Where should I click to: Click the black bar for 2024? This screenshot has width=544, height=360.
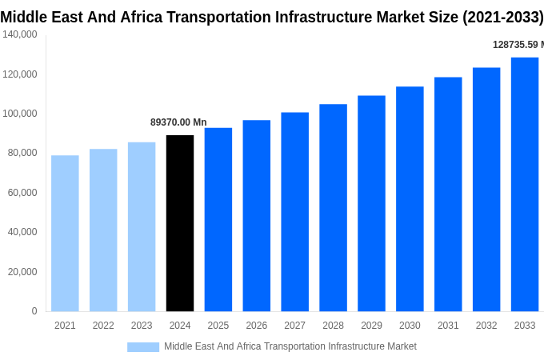click(x=180, y=223)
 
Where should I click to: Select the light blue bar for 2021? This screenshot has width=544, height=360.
click(x=65, y=233)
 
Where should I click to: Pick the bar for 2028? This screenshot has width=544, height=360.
click(x=333, y=207)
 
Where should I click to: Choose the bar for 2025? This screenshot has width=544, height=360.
click(x=218, y=219)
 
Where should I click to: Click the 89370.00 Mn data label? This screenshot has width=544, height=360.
click(x=178, y=122)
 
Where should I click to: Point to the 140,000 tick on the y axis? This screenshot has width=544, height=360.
click(x=20, y=34)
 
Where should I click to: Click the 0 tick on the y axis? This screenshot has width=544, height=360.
click(x=34, y=311)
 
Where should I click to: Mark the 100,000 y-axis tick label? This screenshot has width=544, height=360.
click(x=20, y=114)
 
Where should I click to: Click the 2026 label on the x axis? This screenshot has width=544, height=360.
click(x=257, y=326)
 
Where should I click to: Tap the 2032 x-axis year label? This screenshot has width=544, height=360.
click(x=486, y=326)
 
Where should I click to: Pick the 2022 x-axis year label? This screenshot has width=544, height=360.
click(x=103, y=326)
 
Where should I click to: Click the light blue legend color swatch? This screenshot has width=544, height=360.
click(x=143, y=346)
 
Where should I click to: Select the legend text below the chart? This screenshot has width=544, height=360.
click(x=290, y=346)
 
